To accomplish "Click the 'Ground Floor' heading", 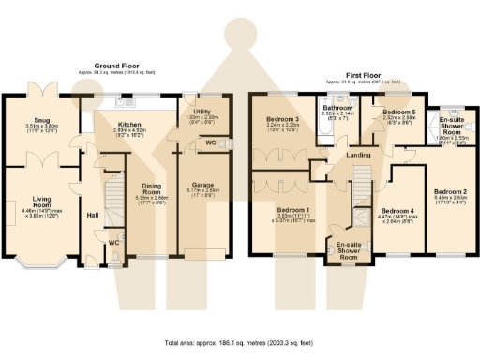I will (x=119, y=68).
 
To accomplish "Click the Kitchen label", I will (x=129, y=123).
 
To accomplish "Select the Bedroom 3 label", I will (x=282, y=120).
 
